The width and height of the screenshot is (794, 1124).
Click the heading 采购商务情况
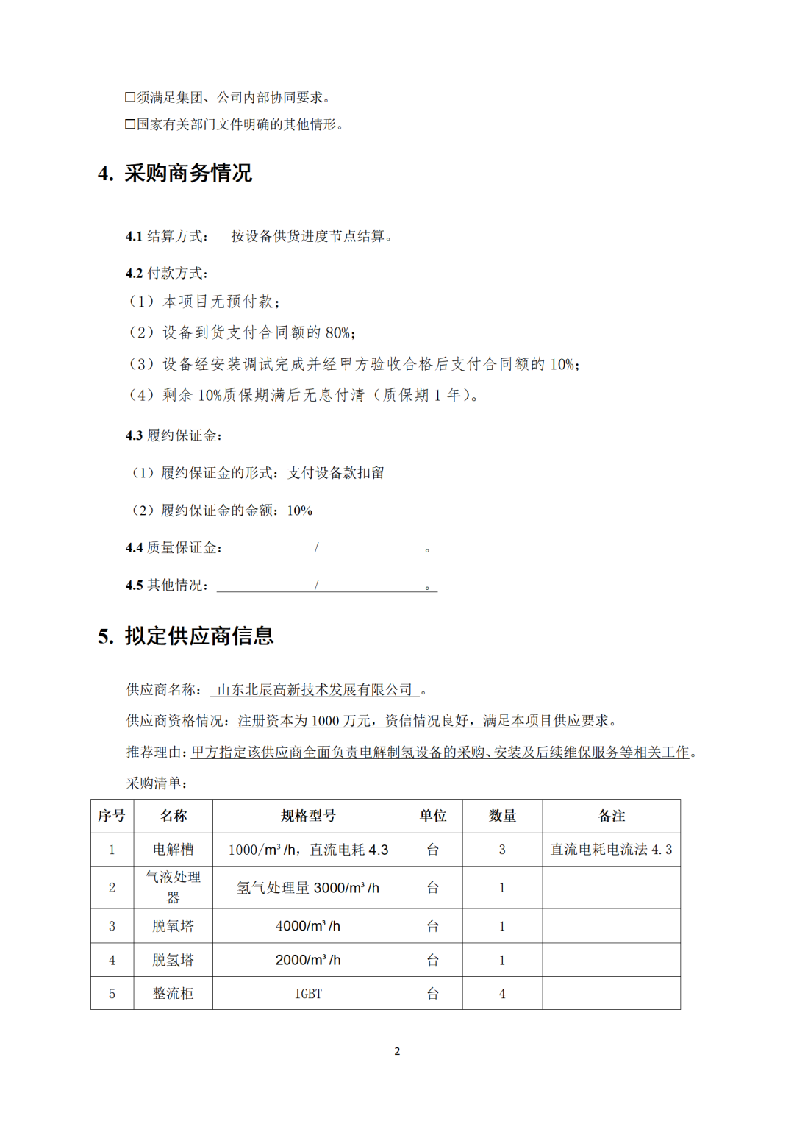click(187, 174)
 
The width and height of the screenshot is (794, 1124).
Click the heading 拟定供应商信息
click(198, 636)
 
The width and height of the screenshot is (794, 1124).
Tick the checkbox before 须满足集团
click(130, 97)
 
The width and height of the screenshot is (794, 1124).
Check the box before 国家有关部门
click(130, 124)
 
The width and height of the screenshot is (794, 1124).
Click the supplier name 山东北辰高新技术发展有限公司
click(315, 690)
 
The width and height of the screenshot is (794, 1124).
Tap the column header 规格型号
click(308, 816)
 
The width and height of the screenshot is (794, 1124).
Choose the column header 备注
click(611, 816)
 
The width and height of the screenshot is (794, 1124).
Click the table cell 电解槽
click(173, 850)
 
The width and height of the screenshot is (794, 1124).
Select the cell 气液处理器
click(173, 887)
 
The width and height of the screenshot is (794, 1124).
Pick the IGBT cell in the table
click(308, 994)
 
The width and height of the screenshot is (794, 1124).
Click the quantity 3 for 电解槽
click(502, 850)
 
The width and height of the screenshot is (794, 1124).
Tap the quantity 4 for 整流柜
click(502, 994)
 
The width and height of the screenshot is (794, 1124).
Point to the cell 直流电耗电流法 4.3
click(611, 850)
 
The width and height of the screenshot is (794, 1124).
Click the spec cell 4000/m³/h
click(308, 926)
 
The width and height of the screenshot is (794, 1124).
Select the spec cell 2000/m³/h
click(308, 960)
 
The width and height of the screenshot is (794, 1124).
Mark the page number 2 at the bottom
click(397, 1051)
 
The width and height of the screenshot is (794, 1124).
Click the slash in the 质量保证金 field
click(316, 547)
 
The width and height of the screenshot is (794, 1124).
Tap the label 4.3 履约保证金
click(174, 435)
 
